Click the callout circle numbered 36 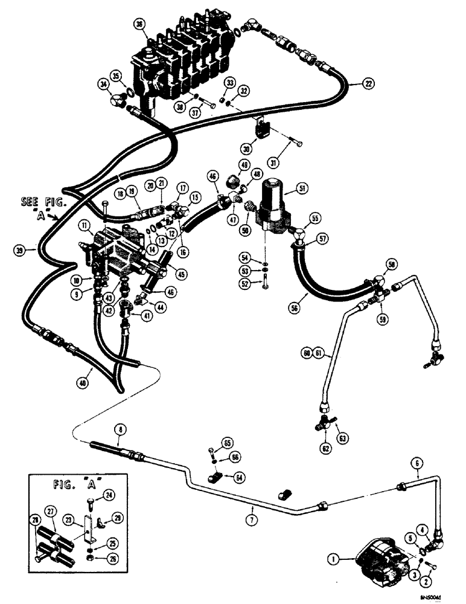[140, 24]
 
